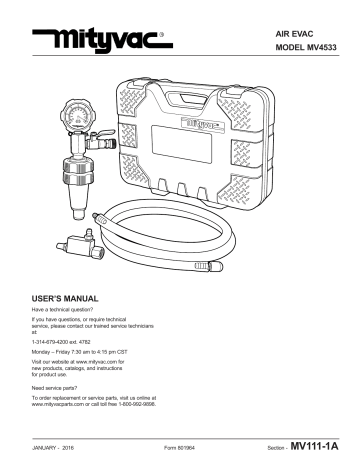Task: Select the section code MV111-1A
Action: pos(318,447)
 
